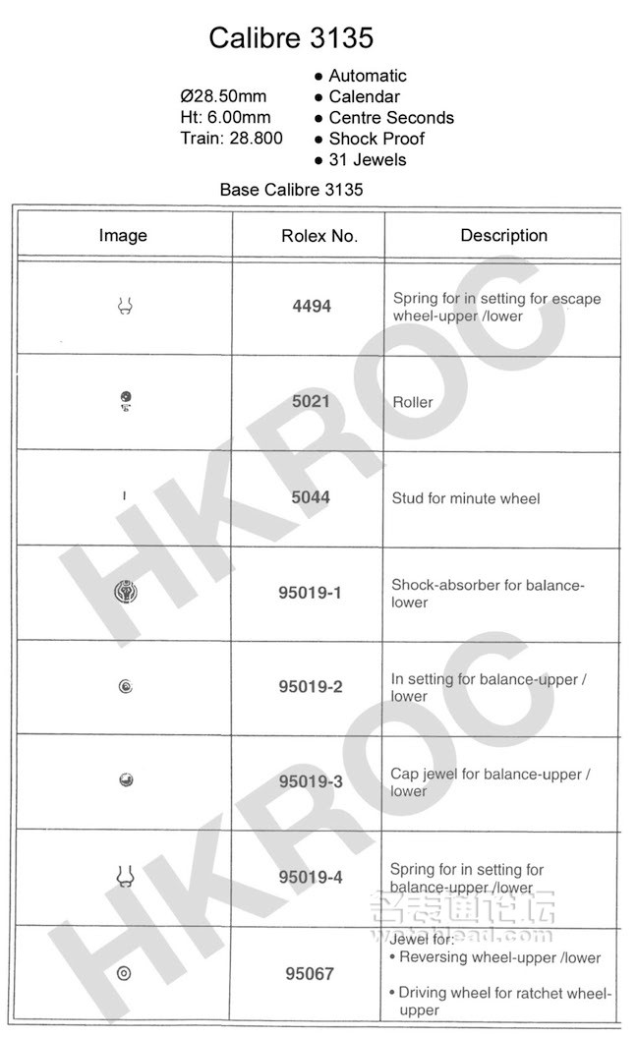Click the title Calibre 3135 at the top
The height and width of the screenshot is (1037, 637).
click(291, 38)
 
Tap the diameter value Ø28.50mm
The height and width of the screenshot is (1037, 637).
click(223, 96)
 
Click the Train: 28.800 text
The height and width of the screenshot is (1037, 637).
click(231, 138)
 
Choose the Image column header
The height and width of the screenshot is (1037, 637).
click(123, 236)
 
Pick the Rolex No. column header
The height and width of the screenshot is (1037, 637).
click(318, 236)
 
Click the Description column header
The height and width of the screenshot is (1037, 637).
click(503, 236)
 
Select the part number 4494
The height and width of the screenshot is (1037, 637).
click(312, 307)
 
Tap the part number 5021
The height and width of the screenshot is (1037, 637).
click(311, 402)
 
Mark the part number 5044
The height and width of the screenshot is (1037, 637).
click(311, 497)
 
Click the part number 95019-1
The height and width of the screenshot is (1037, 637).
click(311, 593)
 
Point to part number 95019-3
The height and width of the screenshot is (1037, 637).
click(311, 782)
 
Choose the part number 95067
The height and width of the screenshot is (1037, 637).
click(311, 974)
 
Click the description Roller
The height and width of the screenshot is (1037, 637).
click(412, 402)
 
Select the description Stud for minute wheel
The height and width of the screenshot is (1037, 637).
click(466, 498)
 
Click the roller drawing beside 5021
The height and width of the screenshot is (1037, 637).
click(125, 400)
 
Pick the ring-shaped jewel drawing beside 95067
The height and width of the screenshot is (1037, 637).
click(124, 973)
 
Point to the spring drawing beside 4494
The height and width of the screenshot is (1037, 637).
click(125, 307)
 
